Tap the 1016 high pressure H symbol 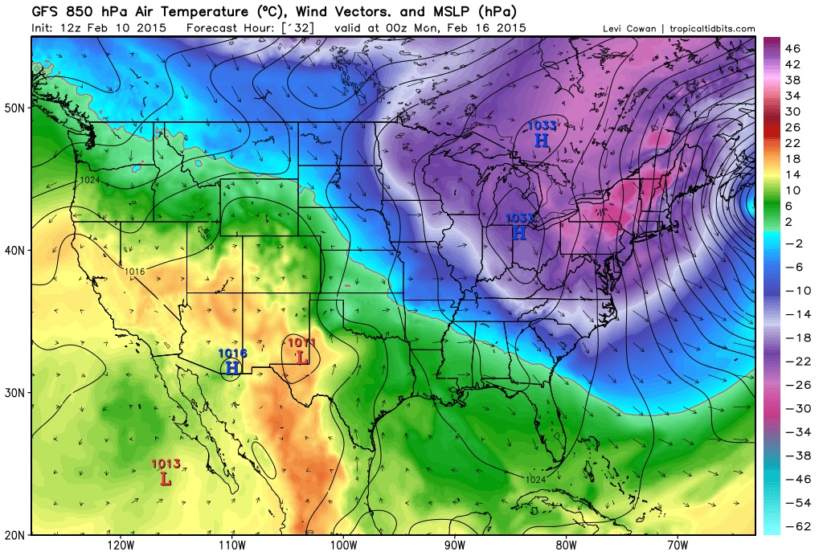pos(233,368)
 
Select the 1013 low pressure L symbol pos(166,478)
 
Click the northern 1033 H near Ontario pos(542,140)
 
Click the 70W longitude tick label pos(676,545)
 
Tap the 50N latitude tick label pos(18,108)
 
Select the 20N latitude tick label pos(18,534)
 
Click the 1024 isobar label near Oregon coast pos(89,180)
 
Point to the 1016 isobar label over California pos(134,272)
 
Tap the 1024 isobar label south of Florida pos(537,480)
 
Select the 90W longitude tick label pos(454,545)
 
